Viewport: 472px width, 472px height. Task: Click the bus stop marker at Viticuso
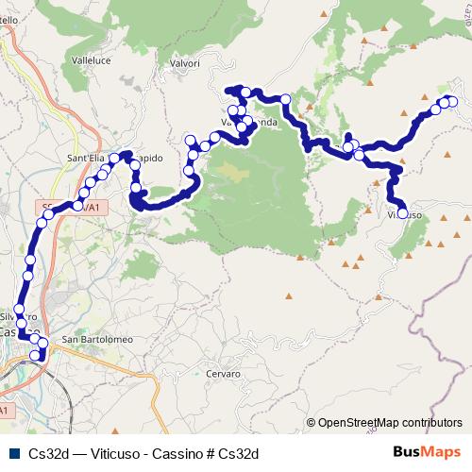403,214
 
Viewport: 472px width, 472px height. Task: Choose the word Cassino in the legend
178,453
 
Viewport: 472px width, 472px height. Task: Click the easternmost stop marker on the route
452,101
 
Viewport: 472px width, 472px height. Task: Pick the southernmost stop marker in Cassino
36,356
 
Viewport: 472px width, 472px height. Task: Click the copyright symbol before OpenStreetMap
311,424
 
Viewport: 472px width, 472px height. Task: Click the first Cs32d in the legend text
48,453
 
